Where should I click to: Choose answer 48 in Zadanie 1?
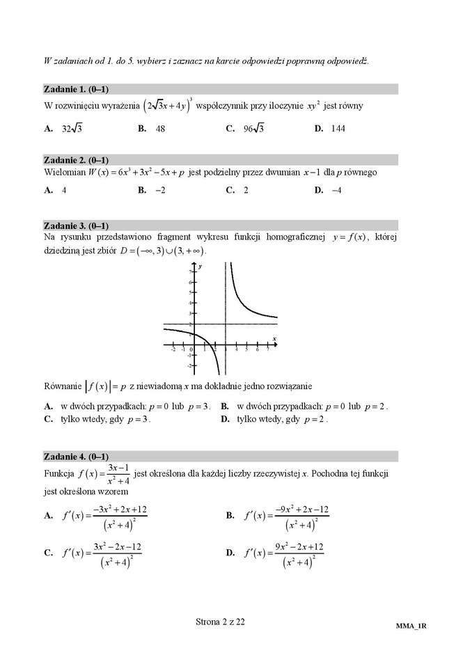[160, 129]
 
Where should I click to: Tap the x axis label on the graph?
[274, 339]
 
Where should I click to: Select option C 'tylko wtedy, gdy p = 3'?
[105, 420]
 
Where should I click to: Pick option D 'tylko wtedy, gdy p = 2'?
[282, 420]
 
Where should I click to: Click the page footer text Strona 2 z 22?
[220, 622]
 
